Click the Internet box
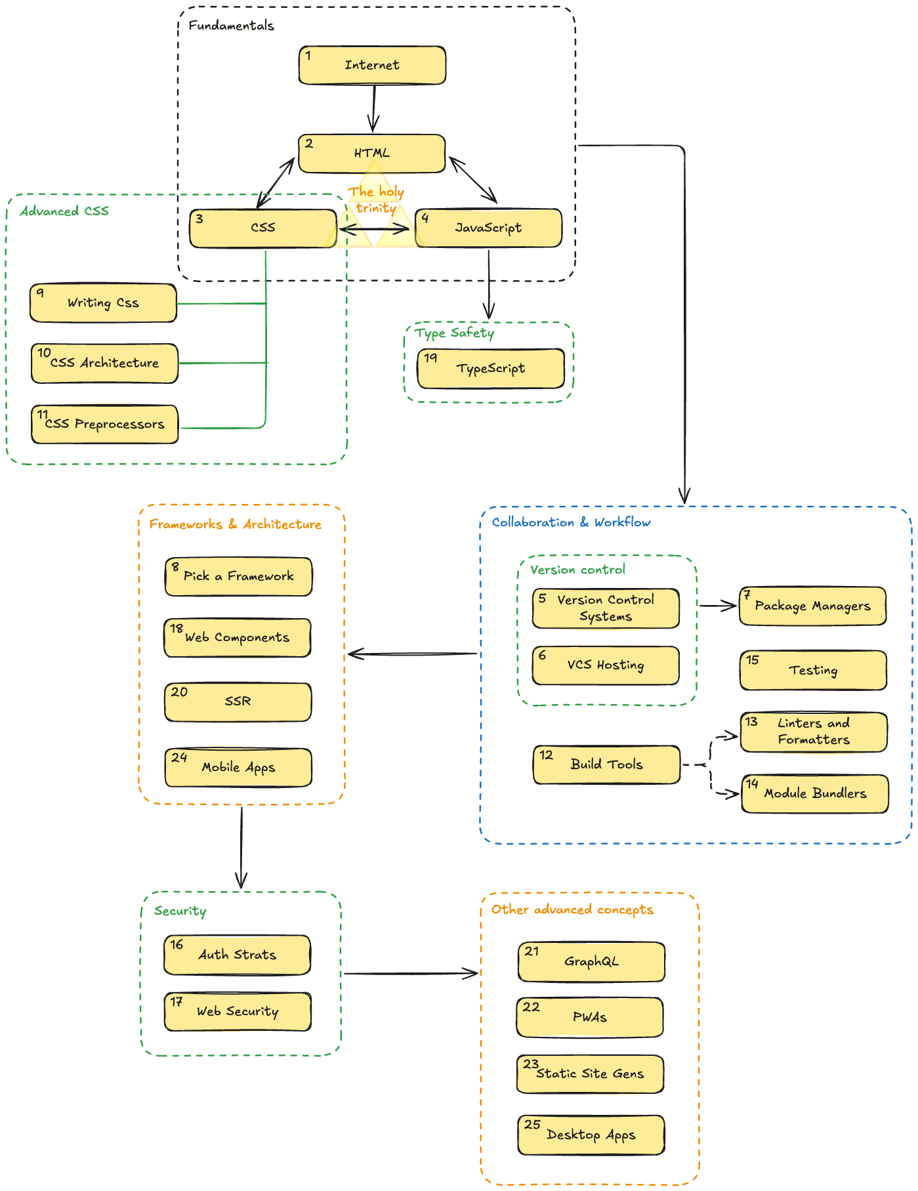[372, 65]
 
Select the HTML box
[372, 154]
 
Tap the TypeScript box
[491, 369]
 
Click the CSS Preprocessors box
[105, 425]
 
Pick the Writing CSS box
[103, 303]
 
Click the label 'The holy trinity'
[376, 199]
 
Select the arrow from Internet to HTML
[374, 108]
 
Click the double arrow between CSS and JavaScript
[374, 229]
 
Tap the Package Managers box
[812, 606]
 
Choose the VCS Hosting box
[606, 665]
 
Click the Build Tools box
[606, 764]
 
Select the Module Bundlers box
[815, 794]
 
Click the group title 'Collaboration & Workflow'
[571, 522]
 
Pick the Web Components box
[237, 638]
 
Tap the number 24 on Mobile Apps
[179, 757]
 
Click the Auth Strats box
[237, 955]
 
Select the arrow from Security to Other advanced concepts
[410, 974]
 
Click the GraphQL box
[591, 962]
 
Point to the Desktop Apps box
[591, 1135]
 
